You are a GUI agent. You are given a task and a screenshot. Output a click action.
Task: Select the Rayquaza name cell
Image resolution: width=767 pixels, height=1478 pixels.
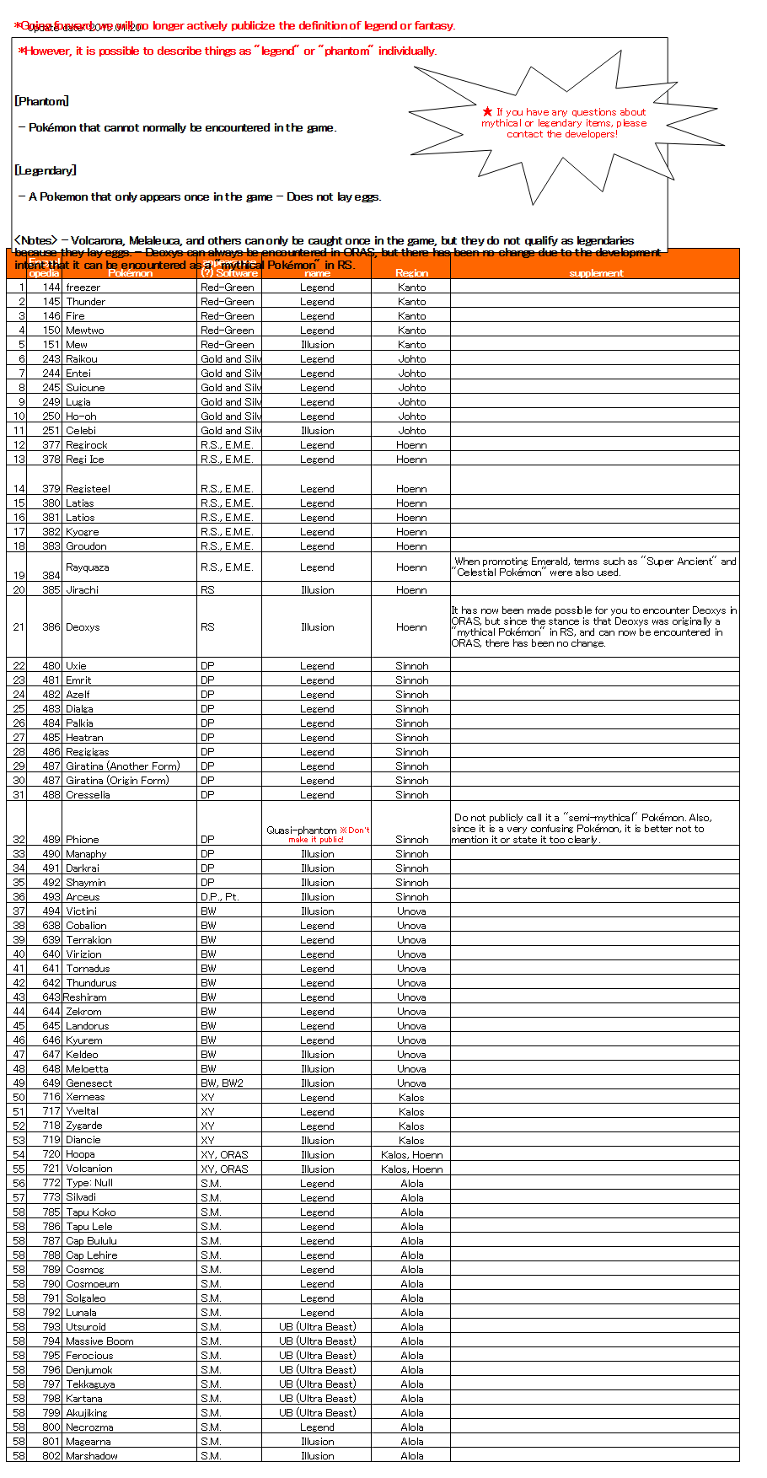[x=87, y=567]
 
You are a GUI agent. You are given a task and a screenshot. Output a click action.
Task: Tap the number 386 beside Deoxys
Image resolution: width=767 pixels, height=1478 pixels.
[x=51, y=627]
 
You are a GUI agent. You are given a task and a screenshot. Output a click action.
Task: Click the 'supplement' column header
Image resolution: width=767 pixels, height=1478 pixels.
[x=596, y=273]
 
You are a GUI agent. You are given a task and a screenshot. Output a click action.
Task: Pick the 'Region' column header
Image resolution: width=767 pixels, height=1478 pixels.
[x=411, y=273]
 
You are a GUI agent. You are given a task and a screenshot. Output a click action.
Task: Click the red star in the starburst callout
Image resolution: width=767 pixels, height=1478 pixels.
[x=487, y=111]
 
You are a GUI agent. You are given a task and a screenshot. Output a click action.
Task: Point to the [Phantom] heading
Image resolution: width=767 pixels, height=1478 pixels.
[x=41, y=101]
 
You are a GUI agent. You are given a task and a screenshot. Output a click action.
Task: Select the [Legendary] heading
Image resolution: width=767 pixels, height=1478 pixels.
[x=45, y=170]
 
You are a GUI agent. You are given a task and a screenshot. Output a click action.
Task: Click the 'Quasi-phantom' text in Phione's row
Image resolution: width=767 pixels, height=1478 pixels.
[x=301, y=830]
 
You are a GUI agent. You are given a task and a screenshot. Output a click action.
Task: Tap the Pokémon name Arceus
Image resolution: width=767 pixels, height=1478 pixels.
[x=83, y=897]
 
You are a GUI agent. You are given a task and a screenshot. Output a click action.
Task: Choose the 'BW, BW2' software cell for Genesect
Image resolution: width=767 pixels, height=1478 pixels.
[x=222, y=1083]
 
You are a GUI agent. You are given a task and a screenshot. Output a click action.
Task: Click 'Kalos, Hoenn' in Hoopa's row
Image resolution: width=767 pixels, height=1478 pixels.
[x=411, y=1155]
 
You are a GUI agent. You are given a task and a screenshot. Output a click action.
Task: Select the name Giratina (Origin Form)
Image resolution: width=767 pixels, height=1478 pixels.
[x=117, y=781]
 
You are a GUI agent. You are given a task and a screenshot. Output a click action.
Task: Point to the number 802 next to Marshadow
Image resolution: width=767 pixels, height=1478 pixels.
[x=51, y=1456]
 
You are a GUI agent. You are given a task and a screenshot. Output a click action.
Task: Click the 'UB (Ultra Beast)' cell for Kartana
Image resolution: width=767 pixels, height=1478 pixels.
[x=317, y=1399]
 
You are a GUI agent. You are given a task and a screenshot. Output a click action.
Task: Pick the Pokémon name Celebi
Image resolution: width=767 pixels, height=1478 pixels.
[x=81, y=431]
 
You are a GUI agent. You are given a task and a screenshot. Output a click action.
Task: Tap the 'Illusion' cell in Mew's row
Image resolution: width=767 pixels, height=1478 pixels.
[x=317, y=345]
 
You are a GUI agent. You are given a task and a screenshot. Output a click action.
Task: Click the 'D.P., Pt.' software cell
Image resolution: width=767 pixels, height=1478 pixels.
[x=220, y=897]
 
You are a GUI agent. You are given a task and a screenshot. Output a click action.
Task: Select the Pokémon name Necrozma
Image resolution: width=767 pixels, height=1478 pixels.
[x=89, y=1427]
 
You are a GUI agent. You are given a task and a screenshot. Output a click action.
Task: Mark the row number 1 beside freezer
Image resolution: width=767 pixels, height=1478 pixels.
[x=22, y=288]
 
